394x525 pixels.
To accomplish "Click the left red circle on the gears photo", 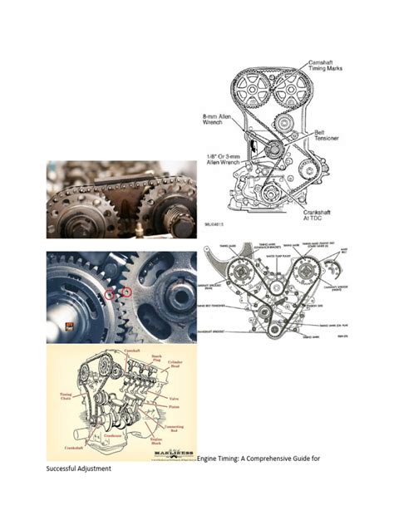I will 109,294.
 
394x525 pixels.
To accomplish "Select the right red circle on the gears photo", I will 127,292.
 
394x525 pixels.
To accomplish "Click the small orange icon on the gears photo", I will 70,326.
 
